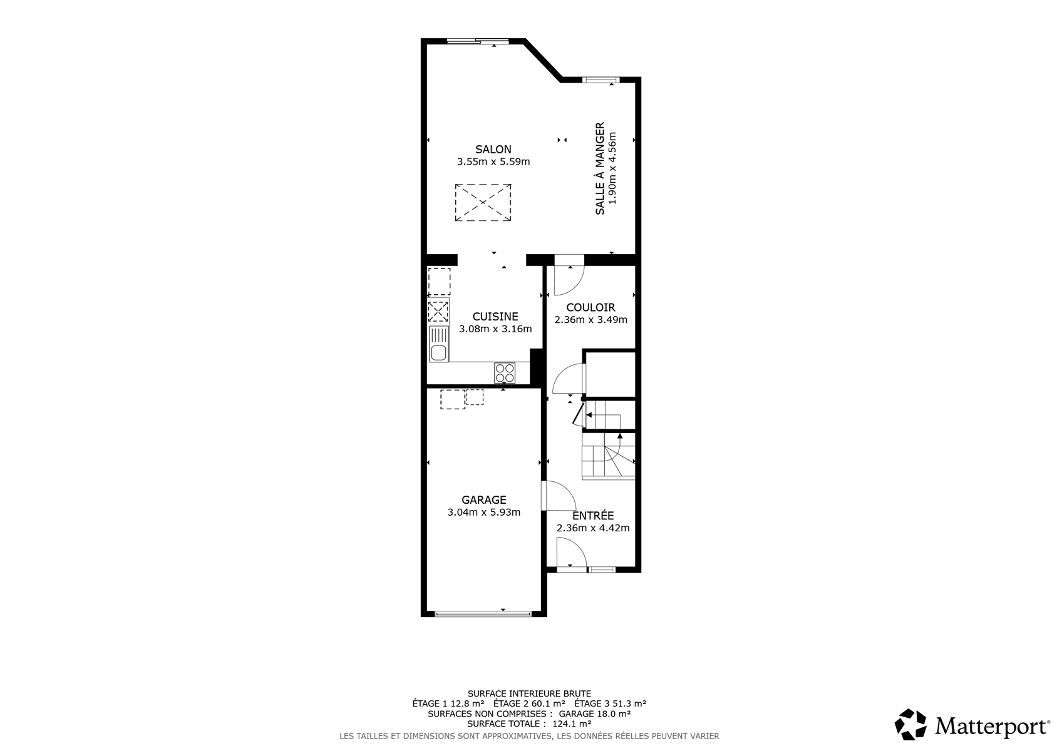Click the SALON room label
click(493, 149)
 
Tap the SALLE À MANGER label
click(600, 169)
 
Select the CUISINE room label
click(495, 317)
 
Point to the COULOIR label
click(590, 307)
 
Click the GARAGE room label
click(484, 500)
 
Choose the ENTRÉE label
click(593, 516)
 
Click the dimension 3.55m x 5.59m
click(493, 161)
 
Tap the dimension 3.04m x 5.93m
click(484, 512)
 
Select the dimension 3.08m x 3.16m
click(495, 329)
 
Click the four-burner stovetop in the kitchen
click(505, 372)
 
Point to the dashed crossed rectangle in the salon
click(483, 202)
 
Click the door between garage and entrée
click(559, 496)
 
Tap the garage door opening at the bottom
click(483, 615)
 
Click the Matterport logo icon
click(910, 725)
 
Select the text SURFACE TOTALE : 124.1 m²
click(529, 723)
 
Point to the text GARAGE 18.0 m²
click(594, 713)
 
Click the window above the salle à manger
click(601, 79)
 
